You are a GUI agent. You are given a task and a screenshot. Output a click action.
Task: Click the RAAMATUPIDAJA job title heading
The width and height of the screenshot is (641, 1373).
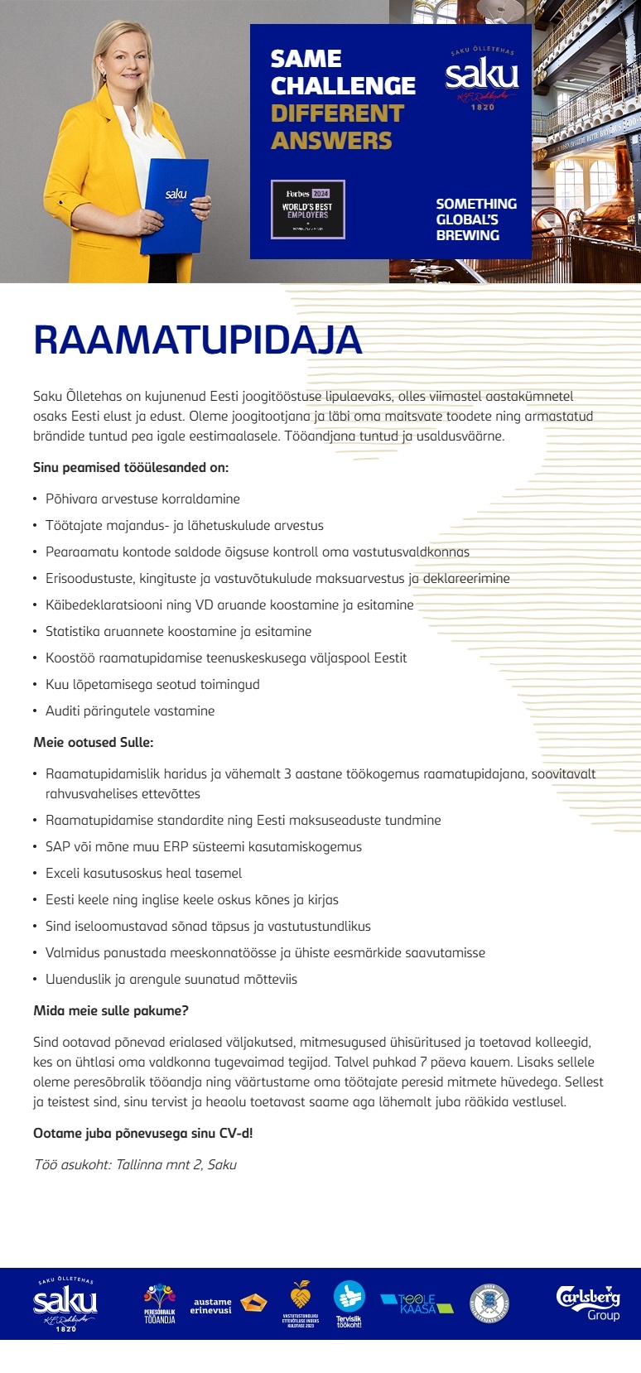click(x=197, y=340)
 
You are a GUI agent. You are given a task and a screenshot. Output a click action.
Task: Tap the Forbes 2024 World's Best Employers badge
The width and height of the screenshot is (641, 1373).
click(x=307, y=210)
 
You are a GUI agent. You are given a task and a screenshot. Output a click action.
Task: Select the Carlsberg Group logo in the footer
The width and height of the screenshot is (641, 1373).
click(x=588, y=1302)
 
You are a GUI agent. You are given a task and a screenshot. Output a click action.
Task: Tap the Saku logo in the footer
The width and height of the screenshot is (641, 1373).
click(x=65, y=1303)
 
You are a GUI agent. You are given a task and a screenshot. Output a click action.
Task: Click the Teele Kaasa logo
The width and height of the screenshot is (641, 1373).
click(x=417, y=1303)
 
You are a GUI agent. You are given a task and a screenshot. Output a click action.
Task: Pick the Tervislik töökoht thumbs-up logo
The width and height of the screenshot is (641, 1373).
click(x=349, y=1303)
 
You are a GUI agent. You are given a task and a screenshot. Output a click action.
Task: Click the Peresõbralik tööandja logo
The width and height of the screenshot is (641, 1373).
click(x=160, y=1303)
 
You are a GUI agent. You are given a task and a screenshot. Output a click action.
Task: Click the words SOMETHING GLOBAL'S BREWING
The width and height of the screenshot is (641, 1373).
click(x=476, y=219)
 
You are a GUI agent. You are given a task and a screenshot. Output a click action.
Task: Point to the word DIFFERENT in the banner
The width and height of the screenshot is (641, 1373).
click(x=337, y=113)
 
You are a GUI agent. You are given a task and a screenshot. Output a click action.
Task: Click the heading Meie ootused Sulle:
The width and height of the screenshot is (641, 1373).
click(x=94, y=742)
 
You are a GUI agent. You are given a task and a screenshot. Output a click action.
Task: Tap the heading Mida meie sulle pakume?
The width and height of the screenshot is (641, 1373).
click(x=111, y=1010)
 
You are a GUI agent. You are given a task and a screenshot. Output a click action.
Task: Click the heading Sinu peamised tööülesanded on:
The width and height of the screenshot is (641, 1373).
click(x=131, y=467)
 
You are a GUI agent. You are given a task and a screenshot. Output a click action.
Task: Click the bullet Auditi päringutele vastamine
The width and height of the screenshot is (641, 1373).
click(x=130, y=711)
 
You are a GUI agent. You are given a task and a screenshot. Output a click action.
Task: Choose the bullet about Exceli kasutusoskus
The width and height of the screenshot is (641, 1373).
click(x=143, y=873)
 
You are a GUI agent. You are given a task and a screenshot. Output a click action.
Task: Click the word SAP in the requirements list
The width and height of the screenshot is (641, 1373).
click(x=58, y=846)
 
